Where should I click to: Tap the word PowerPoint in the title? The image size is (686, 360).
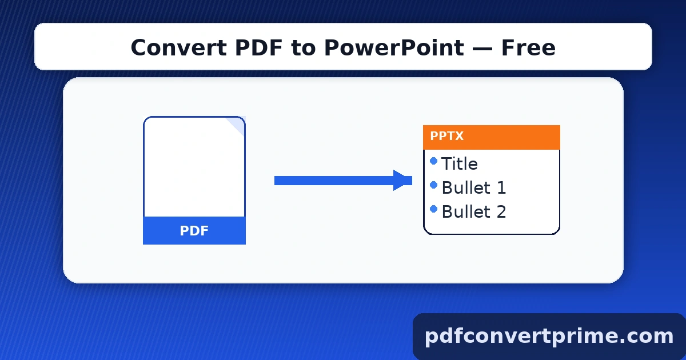394,48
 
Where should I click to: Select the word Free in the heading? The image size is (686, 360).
528,48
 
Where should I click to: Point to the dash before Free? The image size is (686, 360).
482,48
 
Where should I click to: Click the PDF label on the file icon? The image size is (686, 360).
194,231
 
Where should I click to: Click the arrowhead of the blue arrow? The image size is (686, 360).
402,181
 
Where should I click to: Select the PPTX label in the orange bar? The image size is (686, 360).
447,137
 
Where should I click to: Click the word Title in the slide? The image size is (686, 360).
460,164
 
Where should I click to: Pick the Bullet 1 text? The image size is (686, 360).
474,188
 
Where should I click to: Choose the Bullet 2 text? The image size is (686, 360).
474,212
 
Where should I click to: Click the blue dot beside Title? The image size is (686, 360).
433,161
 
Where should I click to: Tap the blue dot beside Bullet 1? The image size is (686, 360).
433,185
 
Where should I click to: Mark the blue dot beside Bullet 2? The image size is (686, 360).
433,209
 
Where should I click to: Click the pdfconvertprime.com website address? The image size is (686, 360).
549,336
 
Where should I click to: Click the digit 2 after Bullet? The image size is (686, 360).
501,212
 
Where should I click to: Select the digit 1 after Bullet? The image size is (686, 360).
501,188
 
